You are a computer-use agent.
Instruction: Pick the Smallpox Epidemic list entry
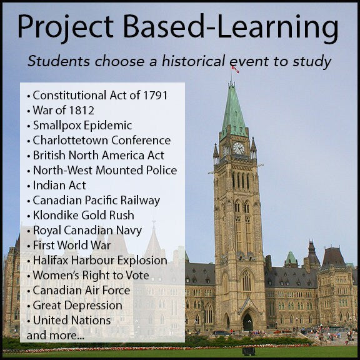point(81,126)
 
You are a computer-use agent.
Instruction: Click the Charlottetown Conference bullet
point(101,141)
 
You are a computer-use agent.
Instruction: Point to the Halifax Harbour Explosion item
point(99,261)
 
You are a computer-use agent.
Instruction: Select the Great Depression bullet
point(77,306)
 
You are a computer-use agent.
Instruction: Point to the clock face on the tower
point(238,148)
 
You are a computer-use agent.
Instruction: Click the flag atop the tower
point(235,69)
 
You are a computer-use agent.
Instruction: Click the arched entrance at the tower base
point(247,322)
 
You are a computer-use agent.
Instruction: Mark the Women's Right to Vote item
point(90,276)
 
